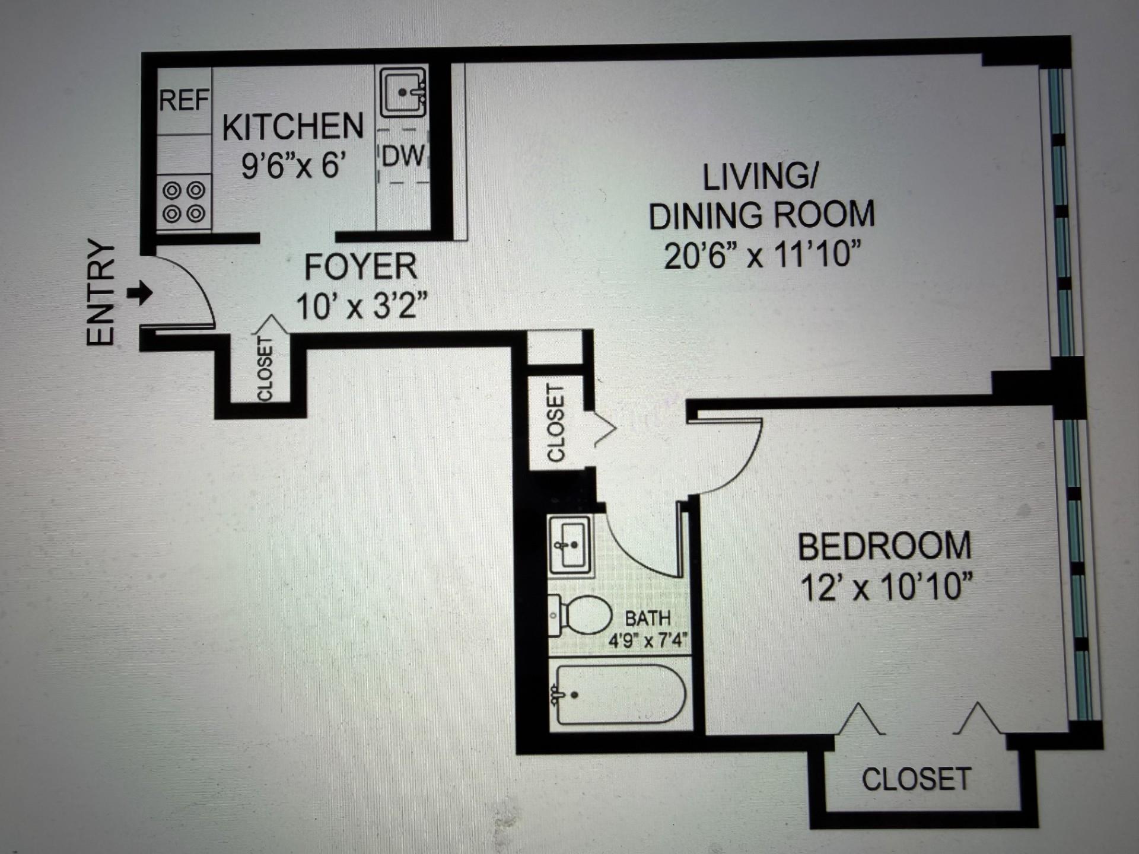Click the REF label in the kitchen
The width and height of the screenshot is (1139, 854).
tap(184, 100)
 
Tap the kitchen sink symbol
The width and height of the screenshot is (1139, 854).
tap(403, 93)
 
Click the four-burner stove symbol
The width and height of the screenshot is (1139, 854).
tap(184, 202)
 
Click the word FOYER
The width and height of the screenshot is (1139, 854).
tap(360, 267)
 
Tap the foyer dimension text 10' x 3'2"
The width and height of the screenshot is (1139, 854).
tap(361, 307)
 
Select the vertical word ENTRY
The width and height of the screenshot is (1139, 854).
tap(100, 292)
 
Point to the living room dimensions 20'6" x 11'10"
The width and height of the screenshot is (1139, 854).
tap(762, 256)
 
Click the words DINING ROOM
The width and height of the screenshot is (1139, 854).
tap(762, 215)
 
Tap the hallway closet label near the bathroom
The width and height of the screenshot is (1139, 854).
tap(555, 423)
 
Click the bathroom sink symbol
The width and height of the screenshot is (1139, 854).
tap(570, 544)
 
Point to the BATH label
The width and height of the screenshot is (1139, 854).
tap(647, 619)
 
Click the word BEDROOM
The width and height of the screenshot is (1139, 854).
tap(884, 547)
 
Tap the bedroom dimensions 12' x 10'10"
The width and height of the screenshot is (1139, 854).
tap(886, 587)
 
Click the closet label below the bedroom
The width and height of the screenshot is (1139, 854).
tap(916, 779)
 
